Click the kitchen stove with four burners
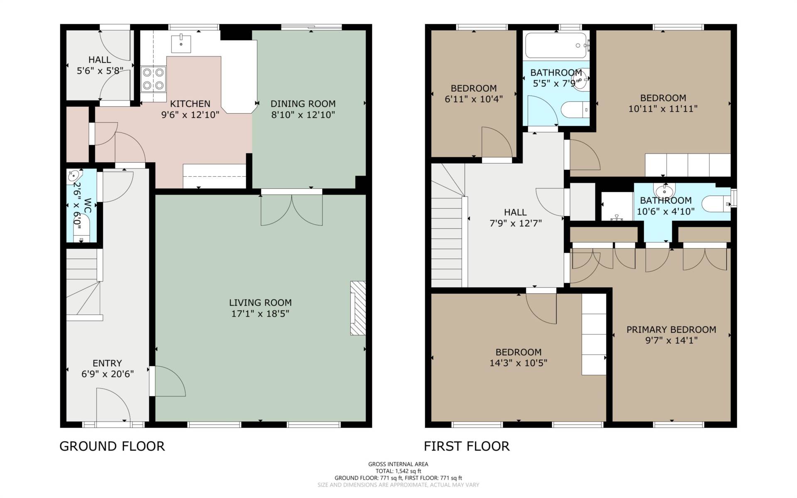pos(154,79)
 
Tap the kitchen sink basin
pos(181,44)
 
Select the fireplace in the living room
pos(358,308)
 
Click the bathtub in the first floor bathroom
pos(556,45)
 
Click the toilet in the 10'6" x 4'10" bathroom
pos(716,204)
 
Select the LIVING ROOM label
pos(260,303)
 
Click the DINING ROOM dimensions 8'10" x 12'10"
pos(303,115)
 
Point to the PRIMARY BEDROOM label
pos(671,330)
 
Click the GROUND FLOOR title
pos(112,446)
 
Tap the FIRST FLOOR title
pos(467,446)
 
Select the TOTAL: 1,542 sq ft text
pos(398,471)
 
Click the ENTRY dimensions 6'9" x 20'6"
pos(108,374)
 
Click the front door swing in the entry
pos(113,405)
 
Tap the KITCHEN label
pos(190,104)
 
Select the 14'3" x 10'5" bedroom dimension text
pos(518,363)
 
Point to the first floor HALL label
pos(516,212)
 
